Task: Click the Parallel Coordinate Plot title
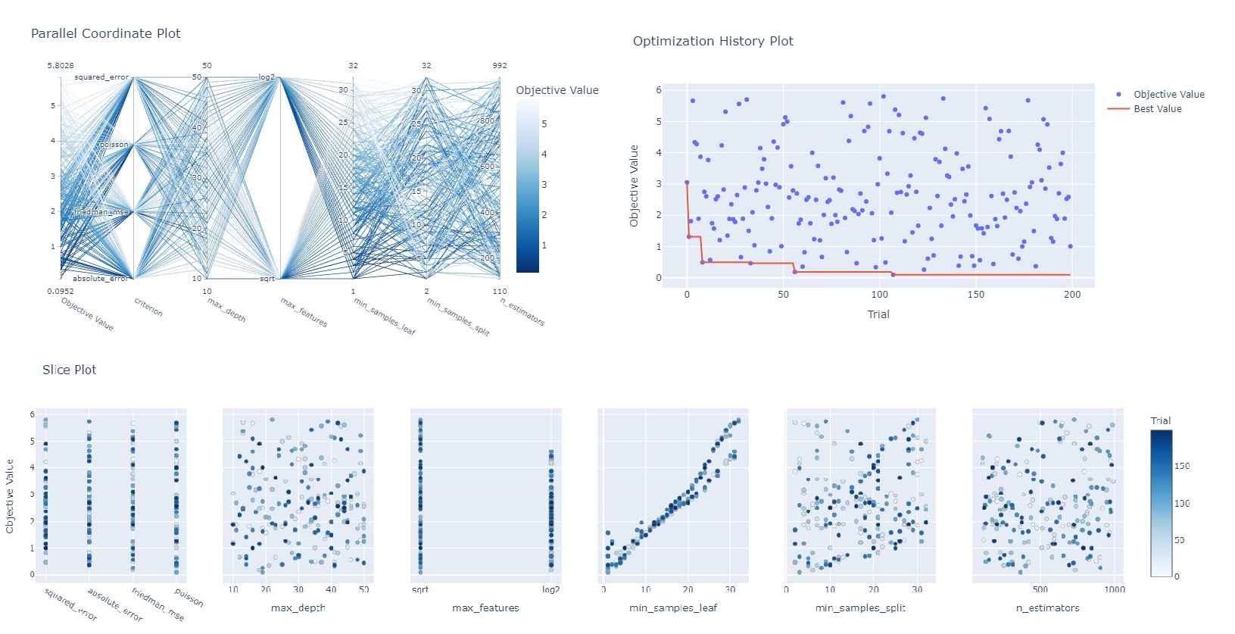105,33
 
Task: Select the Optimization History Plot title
713,41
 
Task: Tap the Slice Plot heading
69,370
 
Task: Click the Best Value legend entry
1157,109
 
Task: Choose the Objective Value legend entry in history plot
1168,95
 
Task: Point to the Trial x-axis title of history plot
878,314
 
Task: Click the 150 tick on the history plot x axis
975,295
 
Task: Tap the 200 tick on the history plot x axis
1071,295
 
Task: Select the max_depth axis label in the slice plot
298,607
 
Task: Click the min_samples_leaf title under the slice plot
673,607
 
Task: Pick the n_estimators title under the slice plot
1047,607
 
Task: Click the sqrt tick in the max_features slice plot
419,590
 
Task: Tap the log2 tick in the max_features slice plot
550,590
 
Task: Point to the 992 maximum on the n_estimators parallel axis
500,66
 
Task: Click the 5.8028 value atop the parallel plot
61,66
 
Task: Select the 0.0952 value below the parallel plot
61,291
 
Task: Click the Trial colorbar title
1160,421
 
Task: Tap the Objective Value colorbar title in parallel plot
557,90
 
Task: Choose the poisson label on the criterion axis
114,145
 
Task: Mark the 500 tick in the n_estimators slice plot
1040,590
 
